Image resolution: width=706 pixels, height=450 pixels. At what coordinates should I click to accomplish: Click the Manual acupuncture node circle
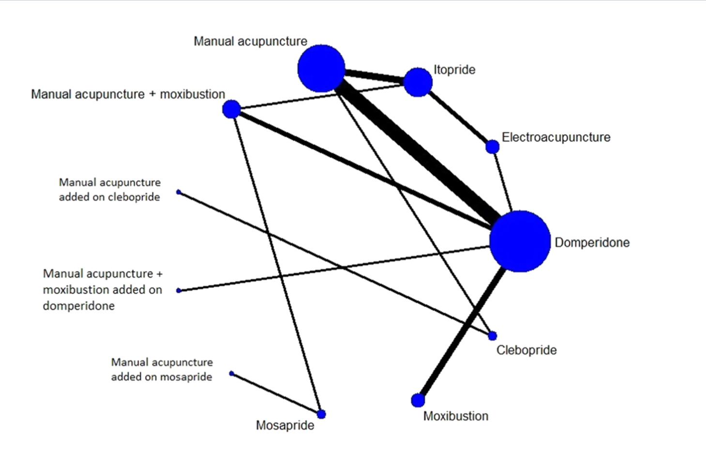tap(321, 69)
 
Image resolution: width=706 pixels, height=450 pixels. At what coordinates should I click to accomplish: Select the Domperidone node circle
tap(520, 241)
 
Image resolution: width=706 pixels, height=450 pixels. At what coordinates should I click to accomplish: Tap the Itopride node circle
tap(418, 82)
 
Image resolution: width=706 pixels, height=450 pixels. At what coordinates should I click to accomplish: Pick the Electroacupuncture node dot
tap(492, 146)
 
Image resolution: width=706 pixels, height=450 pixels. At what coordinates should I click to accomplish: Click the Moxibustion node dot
tap(418, 400)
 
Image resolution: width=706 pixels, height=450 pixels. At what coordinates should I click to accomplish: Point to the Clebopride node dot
tap(492, 335)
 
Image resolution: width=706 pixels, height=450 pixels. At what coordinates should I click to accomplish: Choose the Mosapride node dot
tap(321, 414)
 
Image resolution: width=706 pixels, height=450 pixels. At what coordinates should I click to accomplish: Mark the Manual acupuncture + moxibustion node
tap(231, 109)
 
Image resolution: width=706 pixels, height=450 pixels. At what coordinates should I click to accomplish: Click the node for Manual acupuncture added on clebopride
tap(179, 192)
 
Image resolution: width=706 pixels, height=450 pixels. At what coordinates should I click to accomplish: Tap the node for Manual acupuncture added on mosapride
tap(231, 374)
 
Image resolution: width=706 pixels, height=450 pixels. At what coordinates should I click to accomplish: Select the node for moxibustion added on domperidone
tap(179, 290)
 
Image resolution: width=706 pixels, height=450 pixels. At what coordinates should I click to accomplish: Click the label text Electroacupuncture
tap(556, 137)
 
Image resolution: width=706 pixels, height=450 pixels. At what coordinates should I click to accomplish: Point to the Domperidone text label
tap(592, 242)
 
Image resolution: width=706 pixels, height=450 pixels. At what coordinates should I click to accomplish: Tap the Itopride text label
tap(454, 70)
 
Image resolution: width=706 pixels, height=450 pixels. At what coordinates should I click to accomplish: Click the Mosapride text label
tap(285, 425)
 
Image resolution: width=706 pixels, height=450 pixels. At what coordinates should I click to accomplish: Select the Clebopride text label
tap(526, 350)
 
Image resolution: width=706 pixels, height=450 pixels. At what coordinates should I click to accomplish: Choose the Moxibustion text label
tap(455, 416)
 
